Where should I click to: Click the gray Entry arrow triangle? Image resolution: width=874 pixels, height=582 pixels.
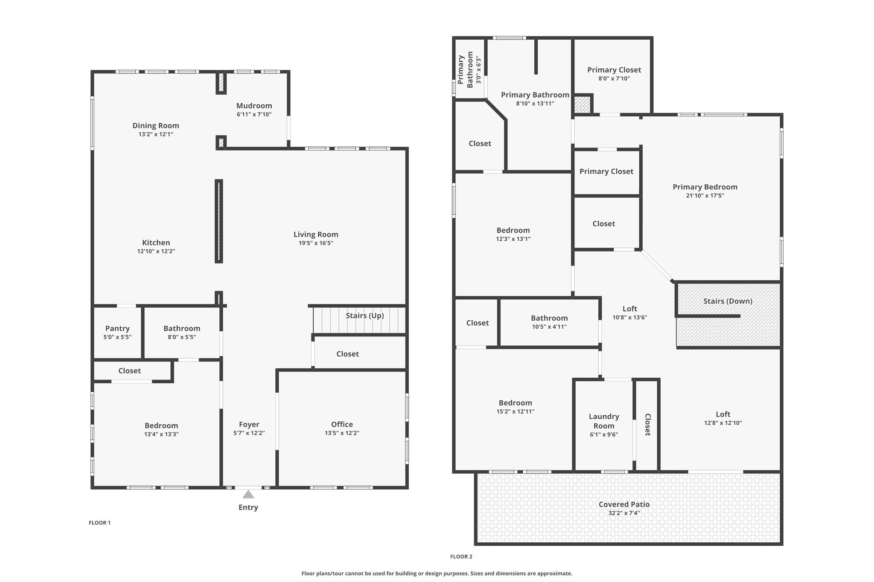[248, 494]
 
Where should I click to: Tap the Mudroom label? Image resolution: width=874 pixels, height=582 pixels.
[254, 106]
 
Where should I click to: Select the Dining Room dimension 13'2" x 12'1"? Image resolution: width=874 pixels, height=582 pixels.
[156, 134]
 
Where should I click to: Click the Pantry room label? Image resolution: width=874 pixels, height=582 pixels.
[117, 328]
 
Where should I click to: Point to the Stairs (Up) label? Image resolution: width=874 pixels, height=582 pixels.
[365, 316]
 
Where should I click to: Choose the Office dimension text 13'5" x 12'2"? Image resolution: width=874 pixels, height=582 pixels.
[342, 433]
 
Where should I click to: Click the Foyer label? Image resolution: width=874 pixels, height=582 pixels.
[249, 424]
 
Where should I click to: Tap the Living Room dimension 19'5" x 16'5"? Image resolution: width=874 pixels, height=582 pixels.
[316, 243]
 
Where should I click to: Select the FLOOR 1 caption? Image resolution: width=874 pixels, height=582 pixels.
[100, 523]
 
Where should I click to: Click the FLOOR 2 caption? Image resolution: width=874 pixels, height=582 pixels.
[461, 556]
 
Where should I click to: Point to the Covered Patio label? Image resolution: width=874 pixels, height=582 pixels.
[624, 504]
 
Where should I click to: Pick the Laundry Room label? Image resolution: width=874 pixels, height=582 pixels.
[604, 421]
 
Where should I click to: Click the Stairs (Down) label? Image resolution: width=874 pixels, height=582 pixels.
[728, 301]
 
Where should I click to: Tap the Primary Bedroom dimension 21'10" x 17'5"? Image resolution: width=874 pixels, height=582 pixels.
[705, 196]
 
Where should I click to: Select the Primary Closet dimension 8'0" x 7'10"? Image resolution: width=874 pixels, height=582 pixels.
[614, 78]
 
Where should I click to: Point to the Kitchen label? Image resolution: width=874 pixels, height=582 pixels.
[156, 243]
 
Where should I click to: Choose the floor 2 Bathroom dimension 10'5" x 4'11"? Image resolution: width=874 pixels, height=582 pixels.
[549, 327]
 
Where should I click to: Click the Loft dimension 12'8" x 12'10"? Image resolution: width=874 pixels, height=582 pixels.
[723, 423]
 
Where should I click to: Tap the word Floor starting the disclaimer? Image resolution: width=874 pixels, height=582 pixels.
[309, 573]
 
